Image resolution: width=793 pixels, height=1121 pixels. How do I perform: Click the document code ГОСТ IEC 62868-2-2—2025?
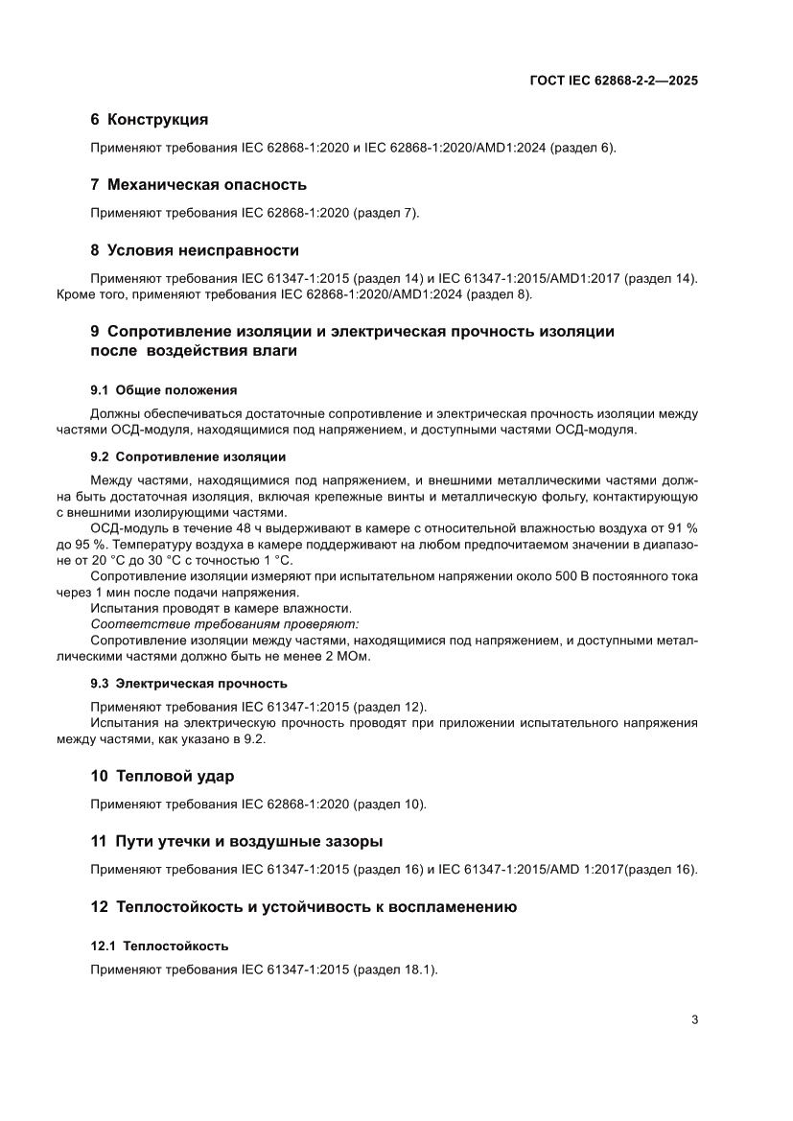click(x=614, y=82)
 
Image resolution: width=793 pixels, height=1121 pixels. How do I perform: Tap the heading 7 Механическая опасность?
click(x=198, y=184)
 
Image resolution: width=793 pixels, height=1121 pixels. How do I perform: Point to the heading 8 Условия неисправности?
click(x=195, y=250)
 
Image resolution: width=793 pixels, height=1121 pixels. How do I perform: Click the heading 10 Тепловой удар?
click(x=162, y=775)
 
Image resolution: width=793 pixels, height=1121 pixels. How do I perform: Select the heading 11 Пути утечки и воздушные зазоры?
click(x=236, y=841)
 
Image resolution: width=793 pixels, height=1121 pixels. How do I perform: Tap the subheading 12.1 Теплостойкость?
click(x=159, y=946)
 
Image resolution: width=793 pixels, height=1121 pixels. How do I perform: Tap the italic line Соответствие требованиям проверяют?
click(x=224, y=623)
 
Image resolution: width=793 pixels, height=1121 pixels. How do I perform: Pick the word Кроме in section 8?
click(x=76, y=294)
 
